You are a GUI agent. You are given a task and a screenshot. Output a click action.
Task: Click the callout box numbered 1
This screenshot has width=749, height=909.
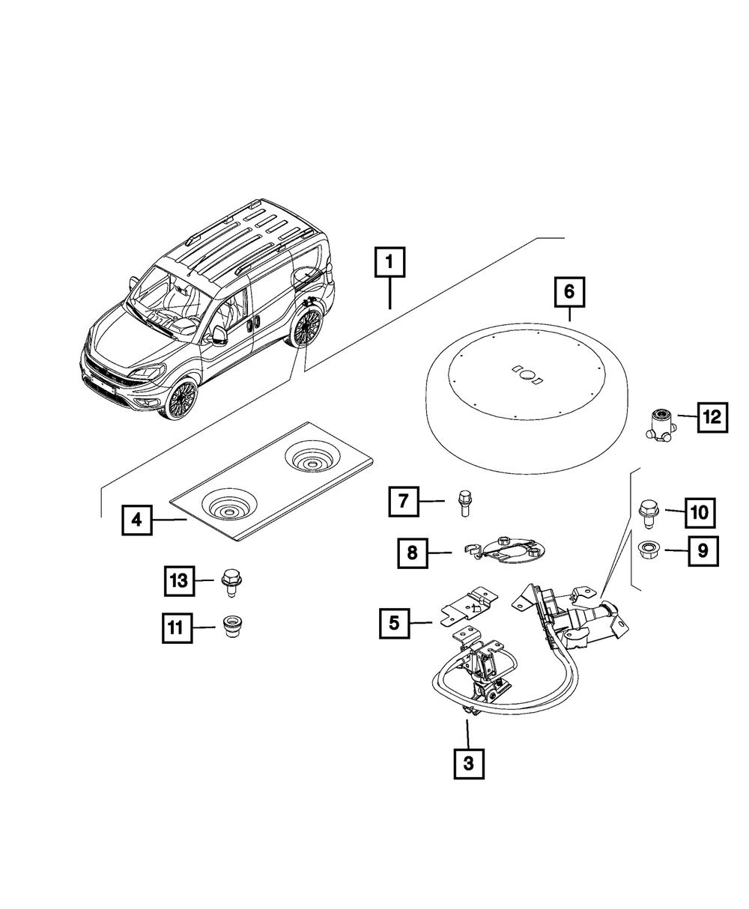[x=389, y=264]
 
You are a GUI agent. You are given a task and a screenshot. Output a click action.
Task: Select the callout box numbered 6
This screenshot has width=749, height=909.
[x=569, y=291]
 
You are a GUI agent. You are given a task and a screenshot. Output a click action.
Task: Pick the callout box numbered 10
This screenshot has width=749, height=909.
[x=698, y=513]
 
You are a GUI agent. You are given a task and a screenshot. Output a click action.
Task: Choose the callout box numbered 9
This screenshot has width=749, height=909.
[x=702, y=552]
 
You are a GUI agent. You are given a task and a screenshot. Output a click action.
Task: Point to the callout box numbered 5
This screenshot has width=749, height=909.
[x=394, y=621]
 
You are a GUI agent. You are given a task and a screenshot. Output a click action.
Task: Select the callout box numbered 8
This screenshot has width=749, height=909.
[x=413, y=554]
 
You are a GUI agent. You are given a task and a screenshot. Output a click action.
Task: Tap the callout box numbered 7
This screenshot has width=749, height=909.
[x=403, y=501]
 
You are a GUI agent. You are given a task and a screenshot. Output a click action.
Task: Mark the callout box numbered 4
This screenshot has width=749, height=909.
[x=137, y=520]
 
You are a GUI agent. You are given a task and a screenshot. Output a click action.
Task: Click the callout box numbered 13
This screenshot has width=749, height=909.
[x=179, y=580]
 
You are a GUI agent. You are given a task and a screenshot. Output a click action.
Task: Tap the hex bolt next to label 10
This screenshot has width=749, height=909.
[x=646, y=513]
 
